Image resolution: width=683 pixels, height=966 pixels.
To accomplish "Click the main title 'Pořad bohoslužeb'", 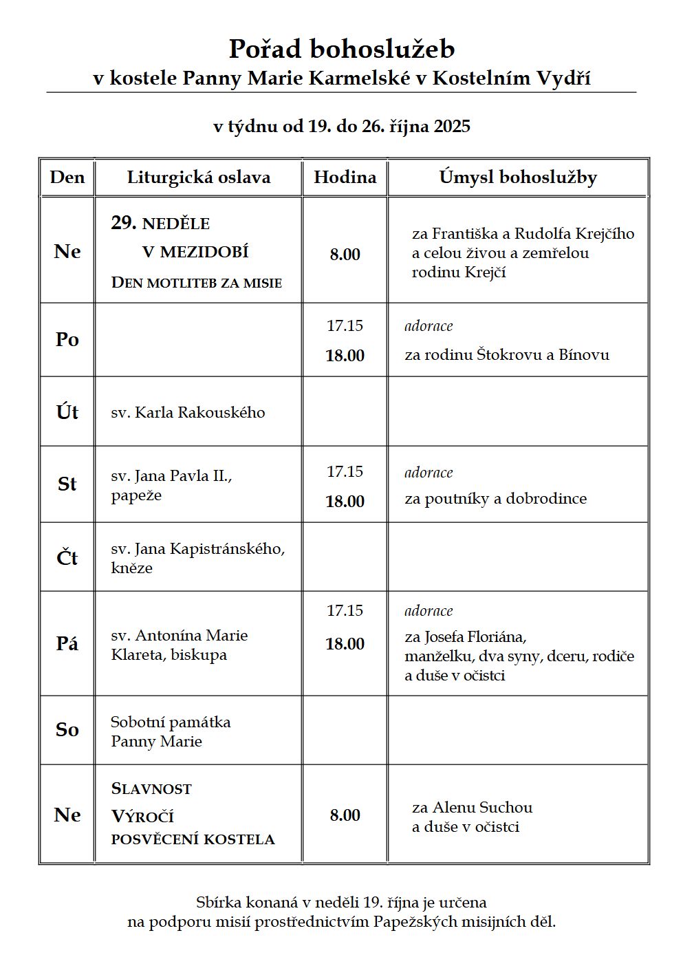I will pyautogui.click(x=341, y=50).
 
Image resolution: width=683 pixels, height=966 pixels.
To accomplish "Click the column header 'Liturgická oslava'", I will pyautogui.click(x=199, y=178).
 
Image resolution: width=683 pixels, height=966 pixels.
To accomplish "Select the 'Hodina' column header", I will pyautogui.click(x=345, y=178).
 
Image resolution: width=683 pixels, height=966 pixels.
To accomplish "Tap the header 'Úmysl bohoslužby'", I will pyautogui.click(x=518, y=178).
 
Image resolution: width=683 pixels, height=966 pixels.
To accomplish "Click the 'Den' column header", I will pyautogui.click(x=67, y=178).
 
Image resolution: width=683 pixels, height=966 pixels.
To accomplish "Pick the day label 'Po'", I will pyautogui.click(x=67, y=340).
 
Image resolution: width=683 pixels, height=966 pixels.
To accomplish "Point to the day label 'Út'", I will pyautogui.click(x=67, y=412).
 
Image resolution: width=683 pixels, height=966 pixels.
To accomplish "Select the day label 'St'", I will pyautogui.click(x=67, y=484).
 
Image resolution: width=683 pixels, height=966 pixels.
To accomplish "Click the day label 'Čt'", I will pyautogui.click(x=67, y=557).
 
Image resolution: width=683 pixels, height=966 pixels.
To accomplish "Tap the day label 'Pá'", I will pyautogui.click(x=67, y=644).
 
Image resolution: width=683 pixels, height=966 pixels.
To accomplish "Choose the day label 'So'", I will pyautogui.click(x=67, y=730).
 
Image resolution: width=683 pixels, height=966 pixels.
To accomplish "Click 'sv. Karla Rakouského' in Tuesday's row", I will pyautogui.click(x=188, y=413).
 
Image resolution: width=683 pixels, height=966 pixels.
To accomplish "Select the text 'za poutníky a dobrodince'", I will pyautogui.click(x=495, y=499).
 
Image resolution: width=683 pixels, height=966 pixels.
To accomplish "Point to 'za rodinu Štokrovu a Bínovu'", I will pyautogui.click(x=507, y=355).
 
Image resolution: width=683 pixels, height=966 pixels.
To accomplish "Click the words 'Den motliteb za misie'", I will pyautogui.click(x=197, y=283).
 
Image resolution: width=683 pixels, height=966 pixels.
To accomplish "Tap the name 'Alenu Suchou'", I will pyautogui.click(x=482, y=808).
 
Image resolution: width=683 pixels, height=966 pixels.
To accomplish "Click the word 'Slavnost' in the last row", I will pyautogui.click(x=151, y=789).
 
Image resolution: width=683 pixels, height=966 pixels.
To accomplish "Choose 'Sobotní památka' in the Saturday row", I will pyautogui.click(x=171, y=722).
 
